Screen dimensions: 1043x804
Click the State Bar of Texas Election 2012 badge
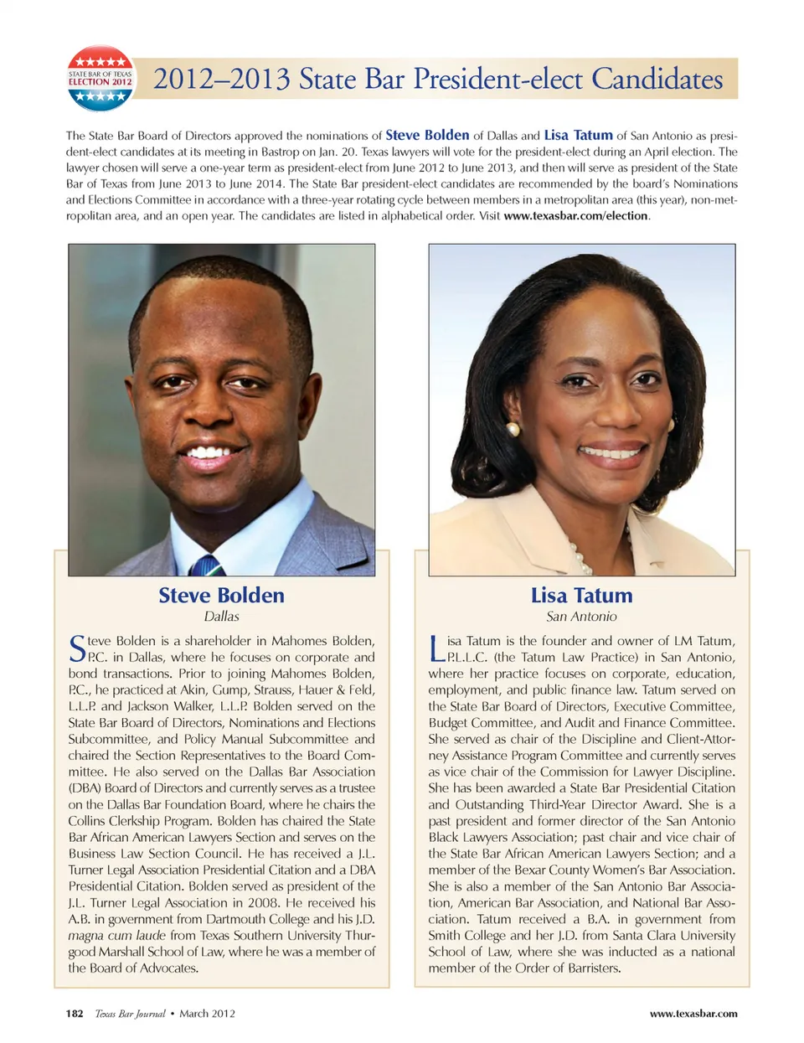100,79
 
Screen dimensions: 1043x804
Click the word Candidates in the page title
657,79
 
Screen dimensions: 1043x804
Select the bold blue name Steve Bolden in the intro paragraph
427,135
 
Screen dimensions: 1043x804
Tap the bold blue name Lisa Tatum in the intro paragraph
578,135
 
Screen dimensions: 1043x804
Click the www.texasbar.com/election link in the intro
575,215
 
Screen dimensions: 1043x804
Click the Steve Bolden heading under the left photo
221,595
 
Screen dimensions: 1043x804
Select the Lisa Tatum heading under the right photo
581,595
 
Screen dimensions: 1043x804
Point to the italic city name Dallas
221,617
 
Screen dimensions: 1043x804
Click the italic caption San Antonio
581,617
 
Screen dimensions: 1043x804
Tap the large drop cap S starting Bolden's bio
77,648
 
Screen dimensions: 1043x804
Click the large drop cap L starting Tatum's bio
435,648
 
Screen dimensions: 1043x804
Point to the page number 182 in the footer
75,1014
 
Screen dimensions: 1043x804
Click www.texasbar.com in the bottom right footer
693,1014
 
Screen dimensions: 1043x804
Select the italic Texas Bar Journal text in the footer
130,1014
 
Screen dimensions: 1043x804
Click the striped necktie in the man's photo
205,566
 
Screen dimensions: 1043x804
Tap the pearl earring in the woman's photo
513,429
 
